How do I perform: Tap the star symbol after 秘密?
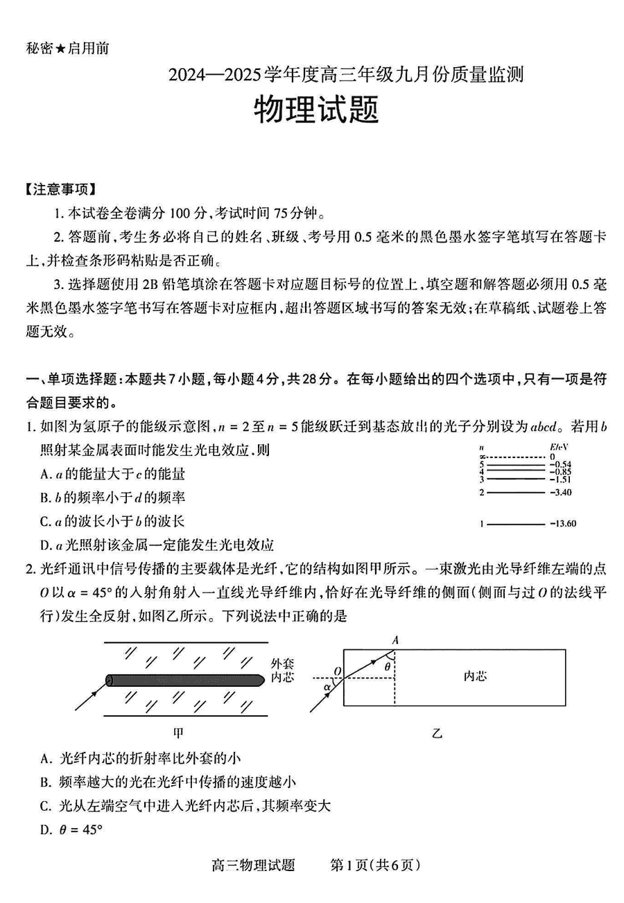(x=60, y=49)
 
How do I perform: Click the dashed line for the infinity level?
(x=516, y=457)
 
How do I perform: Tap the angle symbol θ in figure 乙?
(x=387, y=666)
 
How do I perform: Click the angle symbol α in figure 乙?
(x=327, y=687)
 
